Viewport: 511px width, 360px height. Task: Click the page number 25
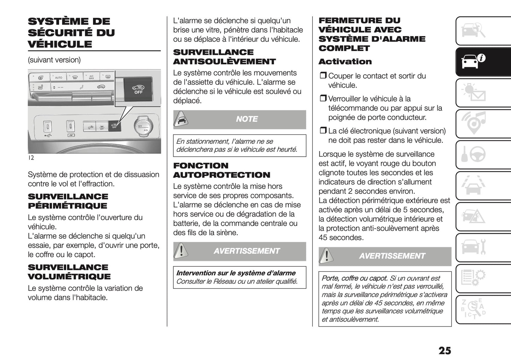pos(445,350)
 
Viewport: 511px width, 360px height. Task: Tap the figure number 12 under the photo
pos(31,158)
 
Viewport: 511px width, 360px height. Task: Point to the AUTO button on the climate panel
pos(59,77)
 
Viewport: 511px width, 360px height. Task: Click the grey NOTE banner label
pos(246,119)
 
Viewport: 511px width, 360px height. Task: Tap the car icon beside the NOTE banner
pos(180,120)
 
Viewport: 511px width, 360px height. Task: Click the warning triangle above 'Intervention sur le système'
pos(181,251)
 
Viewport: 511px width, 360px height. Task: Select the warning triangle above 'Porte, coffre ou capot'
pos(326,256)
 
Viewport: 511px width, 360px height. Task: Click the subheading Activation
pos(345,62)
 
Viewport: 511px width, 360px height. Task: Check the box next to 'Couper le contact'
pos(323,76)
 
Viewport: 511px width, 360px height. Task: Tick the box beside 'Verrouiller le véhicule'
pos(323,99)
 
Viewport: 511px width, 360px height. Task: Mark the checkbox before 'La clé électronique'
pos(323,131)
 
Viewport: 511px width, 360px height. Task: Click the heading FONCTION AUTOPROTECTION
pos(221,170)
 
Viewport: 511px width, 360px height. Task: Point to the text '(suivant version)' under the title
pos(54,60)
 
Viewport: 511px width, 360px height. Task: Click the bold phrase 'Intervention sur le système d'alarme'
pos(236,273)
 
